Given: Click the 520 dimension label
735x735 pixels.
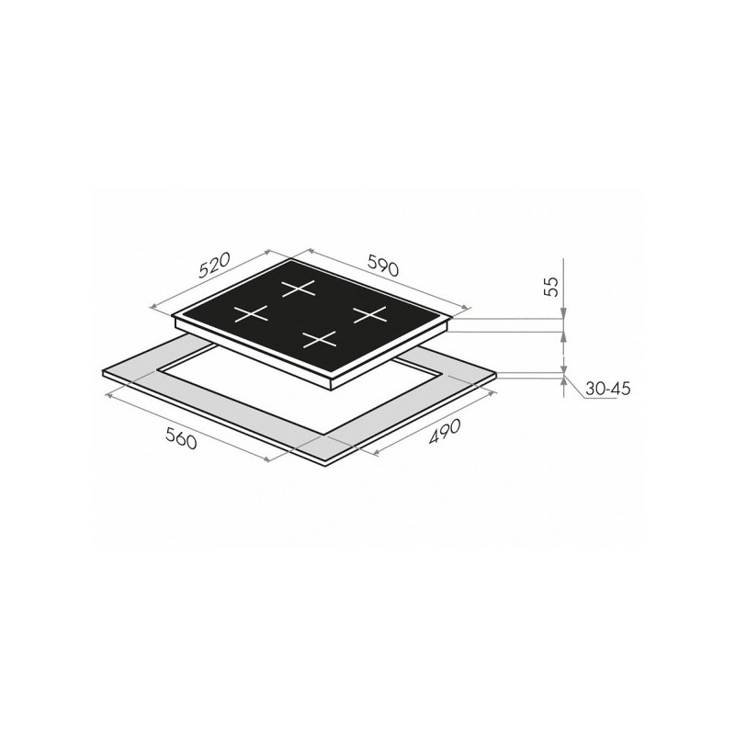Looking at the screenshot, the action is tap(215, 266).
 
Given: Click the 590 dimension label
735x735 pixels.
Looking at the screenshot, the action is tap(382, 266).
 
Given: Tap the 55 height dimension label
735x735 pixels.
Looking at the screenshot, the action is tap(553, 287).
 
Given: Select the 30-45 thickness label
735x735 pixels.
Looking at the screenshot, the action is tap(608, 389).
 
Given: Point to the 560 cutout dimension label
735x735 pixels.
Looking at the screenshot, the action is tap(181, 439).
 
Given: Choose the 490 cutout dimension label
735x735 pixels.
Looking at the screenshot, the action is tap(446, 431).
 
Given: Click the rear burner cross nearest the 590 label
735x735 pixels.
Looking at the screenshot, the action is tap(297, 288).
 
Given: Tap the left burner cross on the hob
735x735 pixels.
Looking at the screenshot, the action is tap(251, 313).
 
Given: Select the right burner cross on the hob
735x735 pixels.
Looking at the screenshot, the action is tap(370, 314).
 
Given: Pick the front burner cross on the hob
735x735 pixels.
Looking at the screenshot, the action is tap(320, 339).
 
